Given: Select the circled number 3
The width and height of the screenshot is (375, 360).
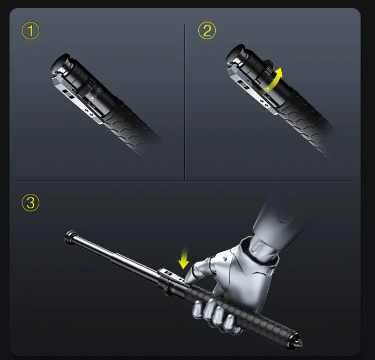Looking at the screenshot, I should [x=30, y=203].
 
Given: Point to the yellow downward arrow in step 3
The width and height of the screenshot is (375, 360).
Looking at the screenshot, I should [x=184, y=260].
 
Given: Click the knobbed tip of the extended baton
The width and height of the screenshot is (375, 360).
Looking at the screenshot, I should [x=70, y=236].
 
